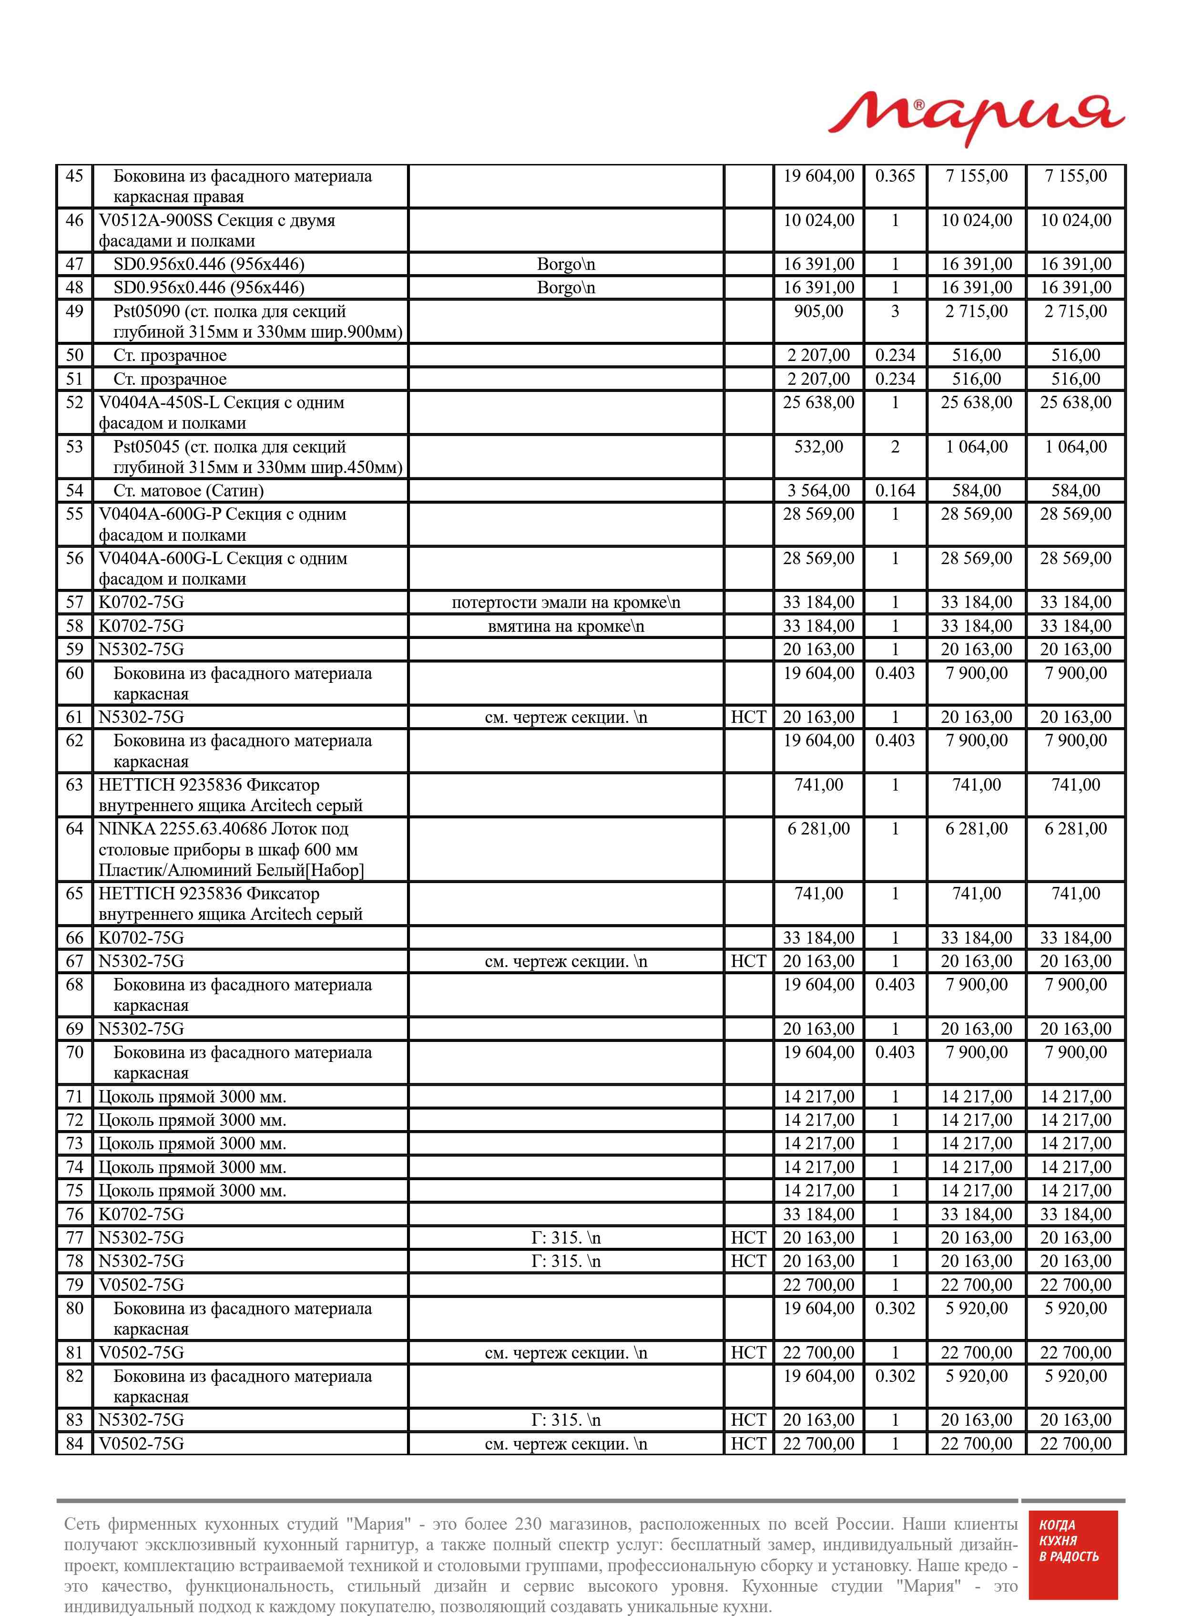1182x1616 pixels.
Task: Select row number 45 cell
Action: [x=74, y=176]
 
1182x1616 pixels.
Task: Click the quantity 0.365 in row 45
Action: [x=895, y=176]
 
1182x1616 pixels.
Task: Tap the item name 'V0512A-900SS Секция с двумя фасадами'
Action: [x=216, y=230]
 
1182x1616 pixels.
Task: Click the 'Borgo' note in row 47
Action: [x=565, y=265]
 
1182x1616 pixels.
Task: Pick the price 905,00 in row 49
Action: [x=818, y=311]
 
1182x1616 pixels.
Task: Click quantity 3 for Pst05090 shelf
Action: [x=895, y=311]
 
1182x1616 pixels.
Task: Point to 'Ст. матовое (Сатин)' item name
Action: [x=189, y=491]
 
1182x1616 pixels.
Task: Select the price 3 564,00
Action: [x=818, y=491]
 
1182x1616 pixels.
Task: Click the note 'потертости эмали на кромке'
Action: [x=565, y=603]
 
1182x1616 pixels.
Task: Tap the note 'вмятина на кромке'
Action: [x=565, y=626]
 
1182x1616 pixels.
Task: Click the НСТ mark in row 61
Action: [x=748, y=717]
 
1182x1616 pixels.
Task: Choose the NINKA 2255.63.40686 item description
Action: [x=230, y=850]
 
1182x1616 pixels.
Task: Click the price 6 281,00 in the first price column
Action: [x=818, y=829]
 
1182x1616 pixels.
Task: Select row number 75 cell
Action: [x=74, y=1191]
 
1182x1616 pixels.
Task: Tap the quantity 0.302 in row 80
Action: [x=895, y=1308]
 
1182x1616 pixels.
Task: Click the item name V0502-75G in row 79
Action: [x=142, y=1285]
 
